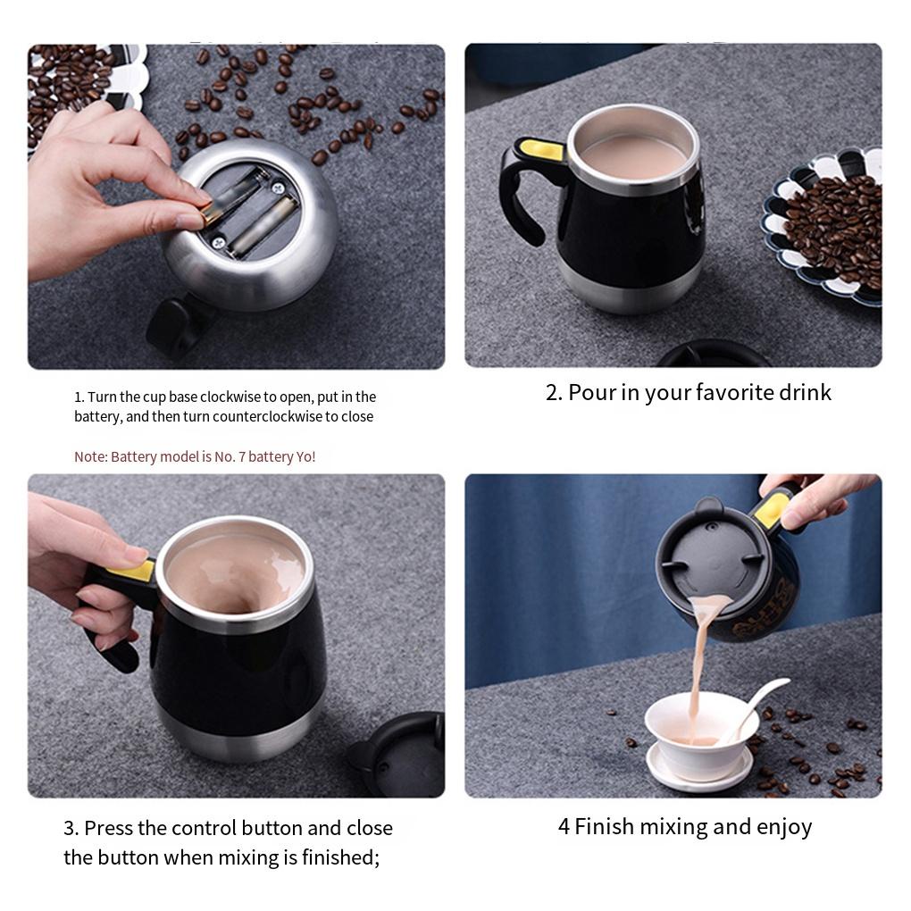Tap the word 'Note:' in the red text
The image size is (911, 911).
91,456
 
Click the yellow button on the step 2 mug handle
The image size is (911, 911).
542,150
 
